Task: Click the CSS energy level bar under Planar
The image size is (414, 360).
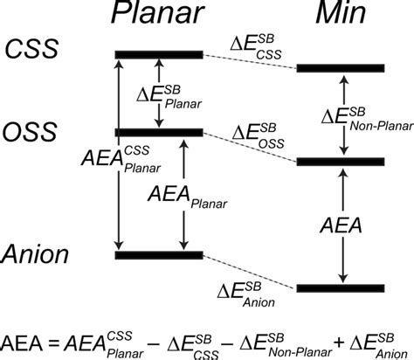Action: (x=159, y=55)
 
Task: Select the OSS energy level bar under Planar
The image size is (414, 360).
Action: (x=159, y=132)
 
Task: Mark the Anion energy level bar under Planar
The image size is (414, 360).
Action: (x=159, y=255)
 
